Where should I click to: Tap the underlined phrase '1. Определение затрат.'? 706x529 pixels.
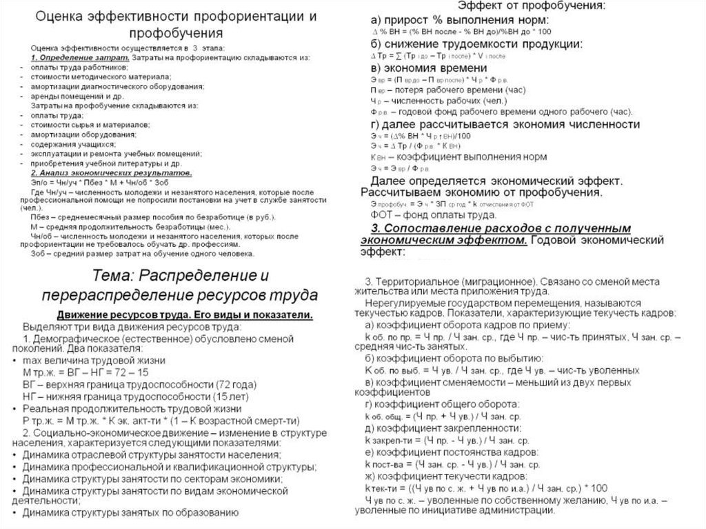(x=74, y=58)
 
